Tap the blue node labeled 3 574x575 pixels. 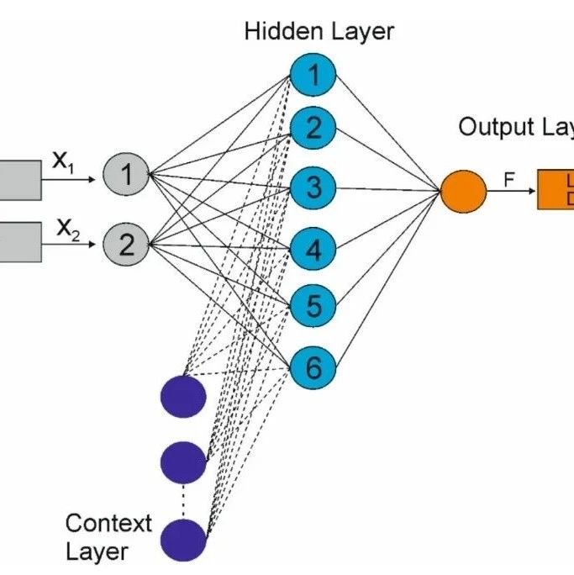tap(313, 187)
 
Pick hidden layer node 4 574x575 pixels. tap(313, 250)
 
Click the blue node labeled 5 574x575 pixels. tap(313, 307)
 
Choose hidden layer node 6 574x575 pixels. tap(313, 367)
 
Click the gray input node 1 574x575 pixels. tap(125, 175)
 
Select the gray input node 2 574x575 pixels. tap(125, 245)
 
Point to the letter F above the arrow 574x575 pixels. tap(509, 178)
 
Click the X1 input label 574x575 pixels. tap(64, 161)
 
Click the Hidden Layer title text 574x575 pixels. tap(319, 32)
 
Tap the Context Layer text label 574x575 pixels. tap(108, 537)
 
